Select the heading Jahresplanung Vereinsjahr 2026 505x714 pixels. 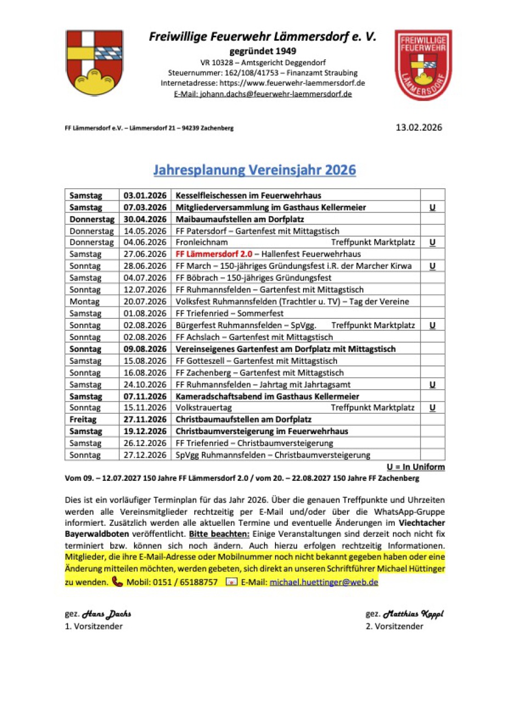[x=255, y=170]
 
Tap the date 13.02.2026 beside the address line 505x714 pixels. [x=418, y=128]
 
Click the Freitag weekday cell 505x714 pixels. [x=83, y=419]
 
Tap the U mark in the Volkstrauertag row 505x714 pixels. [x=433, y=408]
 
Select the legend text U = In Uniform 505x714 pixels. [x=415, y=467]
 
